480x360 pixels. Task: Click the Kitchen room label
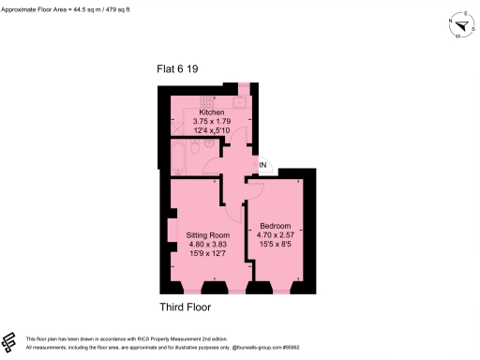point(212,112)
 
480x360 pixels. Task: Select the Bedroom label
point(276,226)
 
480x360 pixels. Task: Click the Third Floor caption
point(185,307)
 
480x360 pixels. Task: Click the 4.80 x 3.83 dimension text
point(206,244)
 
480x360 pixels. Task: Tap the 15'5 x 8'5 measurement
point(276,246)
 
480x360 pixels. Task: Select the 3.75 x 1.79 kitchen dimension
point(212,122)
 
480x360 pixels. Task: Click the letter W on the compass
point(457,38)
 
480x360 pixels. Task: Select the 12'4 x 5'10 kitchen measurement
point(212,131)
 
